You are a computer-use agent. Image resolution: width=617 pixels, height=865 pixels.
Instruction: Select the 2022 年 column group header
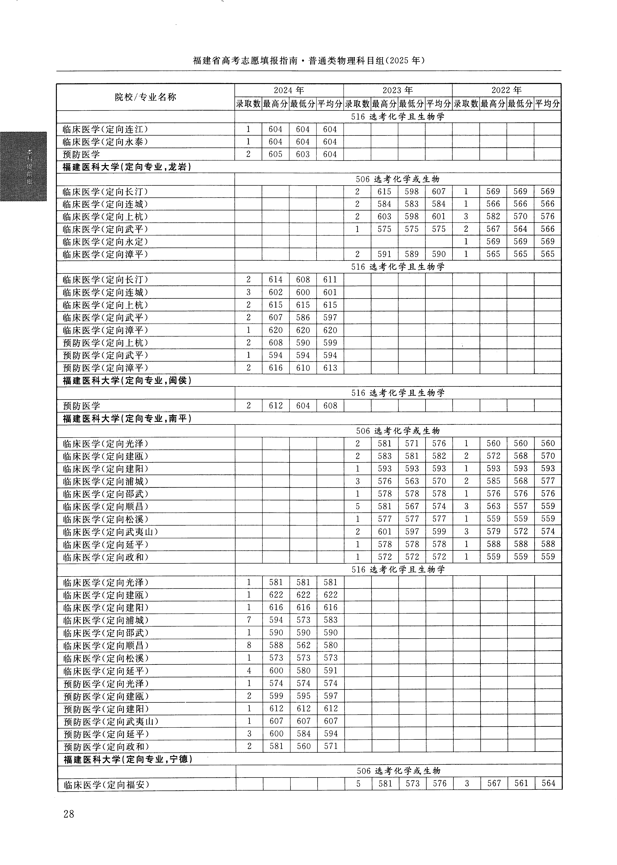(x=506, y=90)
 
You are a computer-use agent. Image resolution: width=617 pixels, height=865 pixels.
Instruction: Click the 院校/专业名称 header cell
(x=146, y=97)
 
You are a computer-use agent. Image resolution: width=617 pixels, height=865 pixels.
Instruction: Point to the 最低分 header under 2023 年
(x=412, y=103)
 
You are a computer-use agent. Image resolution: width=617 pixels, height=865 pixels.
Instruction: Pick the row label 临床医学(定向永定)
(x=105, y=241)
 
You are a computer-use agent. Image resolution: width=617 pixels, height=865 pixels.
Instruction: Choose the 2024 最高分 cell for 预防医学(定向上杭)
(x=275, y=343)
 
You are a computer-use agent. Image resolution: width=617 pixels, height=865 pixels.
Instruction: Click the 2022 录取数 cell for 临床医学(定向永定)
(x=466, y=241)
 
